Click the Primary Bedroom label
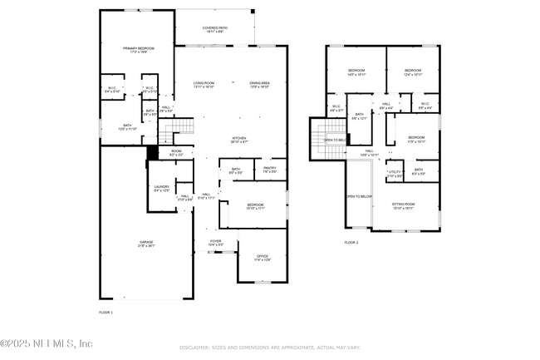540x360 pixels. [x=136, y=51]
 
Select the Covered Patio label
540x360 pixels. [x=215, y=29]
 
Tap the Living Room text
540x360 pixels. [x=204, y=84]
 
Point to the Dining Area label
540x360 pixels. [x=260, y=84]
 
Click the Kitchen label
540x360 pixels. [x=238, y=138]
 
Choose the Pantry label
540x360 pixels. [x=269, y=169]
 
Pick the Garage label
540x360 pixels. [x=146, y=243]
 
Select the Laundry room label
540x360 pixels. [x=161, y=188]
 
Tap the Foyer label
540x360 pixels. [x=215, y=242]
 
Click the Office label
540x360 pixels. [x=262, y=257]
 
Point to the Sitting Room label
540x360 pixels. [x=404, y=204]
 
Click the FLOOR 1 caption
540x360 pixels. [x=106, y=312]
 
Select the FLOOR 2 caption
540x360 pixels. [x=351, y=243]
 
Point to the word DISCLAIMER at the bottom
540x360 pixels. [x=194, y=347]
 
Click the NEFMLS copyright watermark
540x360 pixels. [x=47, y=343]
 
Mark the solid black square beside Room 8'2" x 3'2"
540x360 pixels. [x=152, y=152]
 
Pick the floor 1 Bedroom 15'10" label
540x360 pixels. [x=255, y=205]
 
